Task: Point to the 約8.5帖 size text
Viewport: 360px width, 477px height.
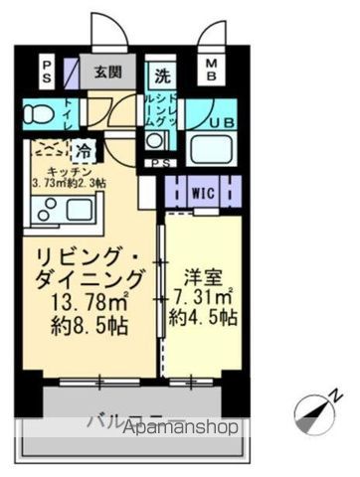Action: (84, 323)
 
